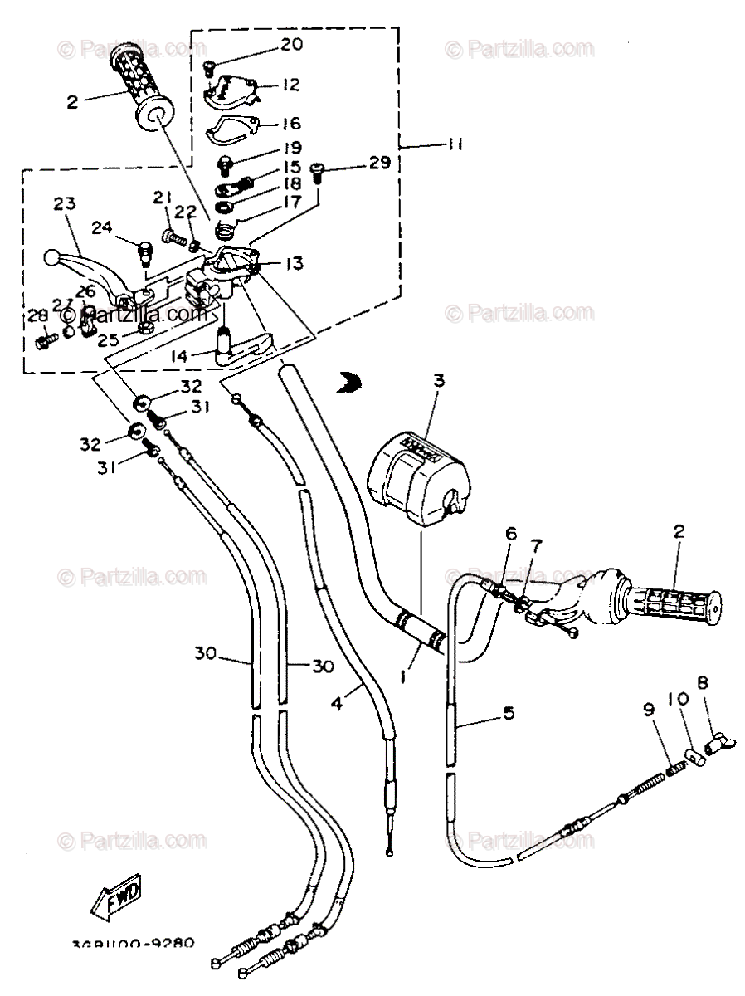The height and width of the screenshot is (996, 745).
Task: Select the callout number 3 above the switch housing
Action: pos(439,381)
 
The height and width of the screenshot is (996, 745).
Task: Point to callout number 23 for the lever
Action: pos(65,203)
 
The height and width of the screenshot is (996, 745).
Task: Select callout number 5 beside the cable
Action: pos(509,712)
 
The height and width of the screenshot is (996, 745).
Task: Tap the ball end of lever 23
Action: pos(52,258)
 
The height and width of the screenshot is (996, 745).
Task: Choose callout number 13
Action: pos(293,263)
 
